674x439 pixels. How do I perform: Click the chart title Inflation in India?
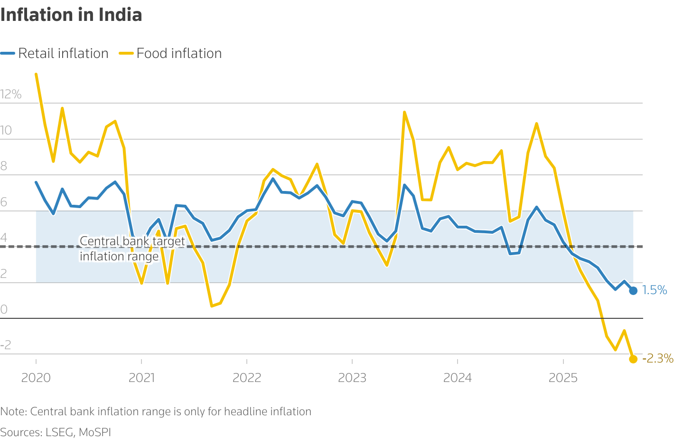pos(71,15)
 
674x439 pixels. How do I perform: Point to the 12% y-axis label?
pos(11,94)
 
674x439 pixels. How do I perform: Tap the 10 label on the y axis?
pos(6,131)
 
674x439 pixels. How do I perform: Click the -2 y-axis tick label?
pos(6,345)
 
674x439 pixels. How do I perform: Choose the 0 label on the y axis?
pos(4,310)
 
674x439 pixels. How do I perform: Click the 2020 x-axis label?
pos(36,378)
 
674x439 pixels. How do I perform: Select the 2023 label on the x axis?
pos(352,378)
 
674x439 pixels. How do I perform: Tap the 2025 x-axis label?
pos(563,378)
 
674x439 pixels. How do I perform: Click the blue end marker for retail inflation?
pos(633,291)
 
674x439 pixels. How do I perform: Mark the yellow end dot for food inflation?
pos(633,359)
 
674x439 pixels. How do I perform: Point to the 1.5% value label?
pos(655,290)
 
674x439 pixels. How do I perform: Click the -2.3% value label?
pos(657,358)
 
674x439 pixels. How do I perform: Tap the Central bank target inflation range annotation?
pos(132,249)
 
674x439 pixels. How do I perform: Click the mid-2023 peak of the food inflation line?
pos(404,112)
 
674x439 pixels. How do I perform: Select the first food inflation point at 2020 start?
pos(36,74)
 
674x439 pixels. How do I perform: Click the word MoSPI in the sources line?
pos(94,432)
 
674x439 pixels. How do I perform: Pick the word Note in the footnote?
pos(13,411)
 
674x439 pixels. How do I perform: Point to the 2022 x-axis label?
pos(247,378)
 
